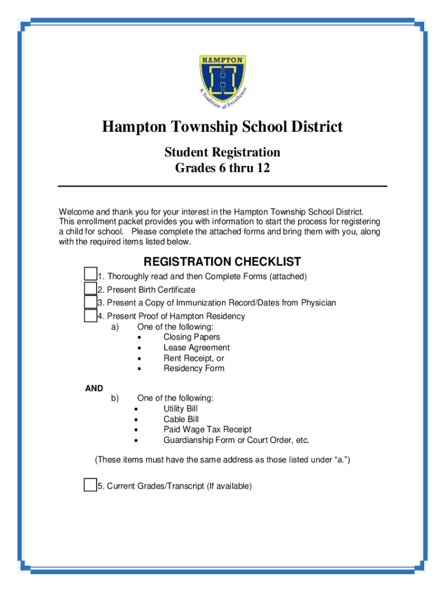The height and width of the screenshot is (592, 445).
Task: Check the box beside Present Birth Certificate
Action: (x=90, y=288)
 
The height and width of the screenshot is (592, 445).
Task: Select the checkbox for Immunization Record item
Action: (x=90, y=302)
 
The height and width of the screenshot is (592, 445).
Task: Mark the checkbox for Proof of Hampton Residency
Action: (x=90, y=316)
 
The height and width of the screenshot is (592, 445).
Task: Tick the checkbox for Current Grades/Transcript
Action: (x=90, y=484)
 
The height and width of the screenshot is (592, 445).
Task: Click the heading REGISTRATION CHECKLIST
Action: (x=222, y=262)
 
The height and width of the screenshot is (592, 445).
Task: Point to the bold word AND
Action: (x=94, y=388)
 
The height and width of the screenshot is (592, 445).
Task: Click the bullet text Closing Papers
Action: (x=191, y=337)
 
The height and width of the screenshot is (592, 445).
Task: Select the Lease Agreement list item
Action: (x=196, y=347)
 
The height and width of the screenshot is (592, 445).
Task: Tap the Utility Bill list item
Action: (x=180, y=409)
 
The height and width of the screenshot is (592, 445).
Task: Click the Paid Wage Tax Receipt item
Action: (x=207, y=430)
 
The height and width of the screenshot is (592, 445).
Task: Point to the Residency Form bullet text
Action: (x=194, y=368)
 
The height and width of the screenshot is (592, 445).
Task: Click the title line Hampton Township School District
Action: (x=222, y=127)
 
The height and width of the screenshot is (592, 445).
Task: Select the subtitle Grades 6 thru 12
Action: (x=222, y=169)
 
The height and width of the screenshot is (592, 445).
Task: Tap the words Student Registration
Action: (x=222, y=153)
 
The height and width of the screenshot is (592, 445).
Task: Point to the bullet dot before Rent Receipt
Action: (x=140, y=358)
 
